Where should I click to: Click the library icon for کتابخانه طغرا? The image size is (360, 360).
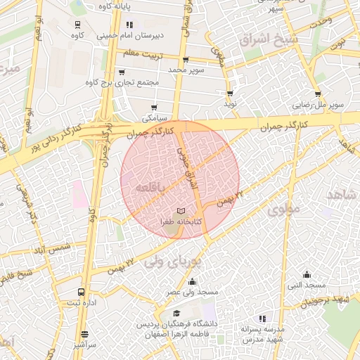[181, 212]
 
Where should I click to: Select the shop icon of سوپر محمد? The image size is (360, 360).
[186, 60]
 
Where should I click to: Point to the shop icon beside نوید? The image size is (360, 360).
[230, 94]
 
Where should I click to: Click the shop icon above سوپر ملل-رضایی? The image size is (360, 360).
[318, 94]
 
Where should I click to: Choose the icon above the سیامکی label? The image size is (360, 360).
[154, 108]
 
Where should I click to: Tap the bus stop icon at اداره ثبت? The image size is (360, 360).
[82, 292]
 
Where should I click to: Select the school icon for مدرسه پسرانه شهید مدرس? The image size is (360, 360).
[263, 319]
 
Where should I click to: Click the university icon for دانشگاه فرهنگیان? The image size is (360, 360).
[176, 314]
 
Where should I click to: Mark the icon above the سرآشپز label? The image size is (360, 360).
[84, 335]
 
